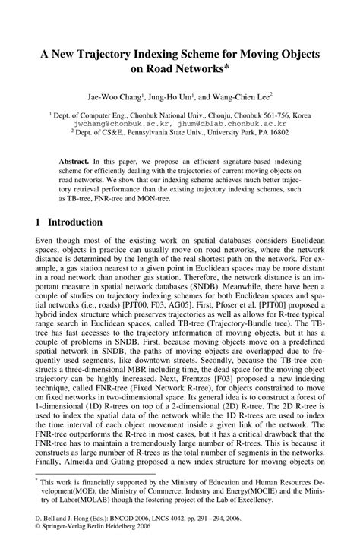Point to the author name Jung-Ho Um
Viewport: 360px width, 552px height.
click(x=171, y=99)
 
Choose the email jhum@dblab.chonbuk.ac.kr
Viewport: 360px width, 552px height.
click(x=227, y=122)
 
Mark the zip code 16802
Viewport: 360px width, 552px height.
click(x=278, y=131)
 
